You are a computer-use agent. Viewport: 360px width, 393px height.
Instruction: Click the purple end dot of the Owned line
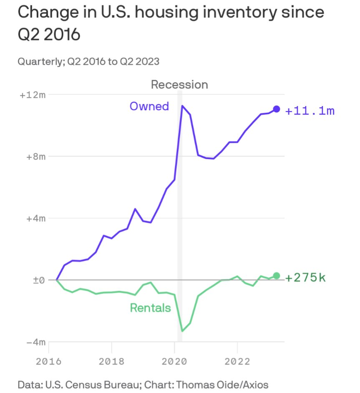pyautogui.click(x=276, y=109)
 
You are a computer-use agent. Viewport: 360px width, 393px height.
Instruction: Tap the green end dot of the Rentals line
pyautogui.click(x=276, y=276)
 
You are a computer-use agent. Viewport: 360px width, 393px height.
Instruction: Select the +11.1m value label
pyautogui.click(x=310, y=111)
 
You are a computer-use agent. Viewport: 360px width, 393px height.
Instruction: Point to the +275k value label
pyautogui.click(x=305, y=278)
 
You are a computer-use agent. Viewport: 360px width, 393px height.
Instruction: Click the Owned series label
pyautogui.click(x=149, y=106)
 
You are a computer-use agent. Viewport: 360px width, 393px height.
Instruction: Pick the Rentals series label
pyautogui.click(x=150, y=308)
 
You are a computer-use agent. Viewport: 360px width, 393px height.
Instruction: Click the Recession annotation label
pyautogui.click(x=179, y=85)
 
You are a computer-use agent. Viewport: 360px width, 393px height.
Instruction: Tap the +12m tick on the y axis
pyautogui.click(x=33, y=95)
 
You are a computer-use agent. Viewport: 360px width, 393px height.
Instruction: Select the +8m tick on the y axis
pyautogui.click(x=35, y=157)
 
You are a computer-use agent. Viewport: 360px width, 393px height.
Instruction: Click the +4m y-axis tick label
pyautogui.click(x=35, y=218)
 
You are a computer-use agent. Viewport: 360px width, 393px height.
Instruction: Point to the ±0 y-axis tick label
pyautogui.click(x=38, y=280)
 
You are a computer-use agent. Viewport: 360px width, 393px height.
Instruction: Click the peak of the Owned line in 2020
pyautogui.click(x=182, y=106)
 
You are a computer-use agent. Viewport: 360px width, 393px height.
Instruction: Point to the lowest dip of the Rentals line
pyautogui.click(x=182, y=331)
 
